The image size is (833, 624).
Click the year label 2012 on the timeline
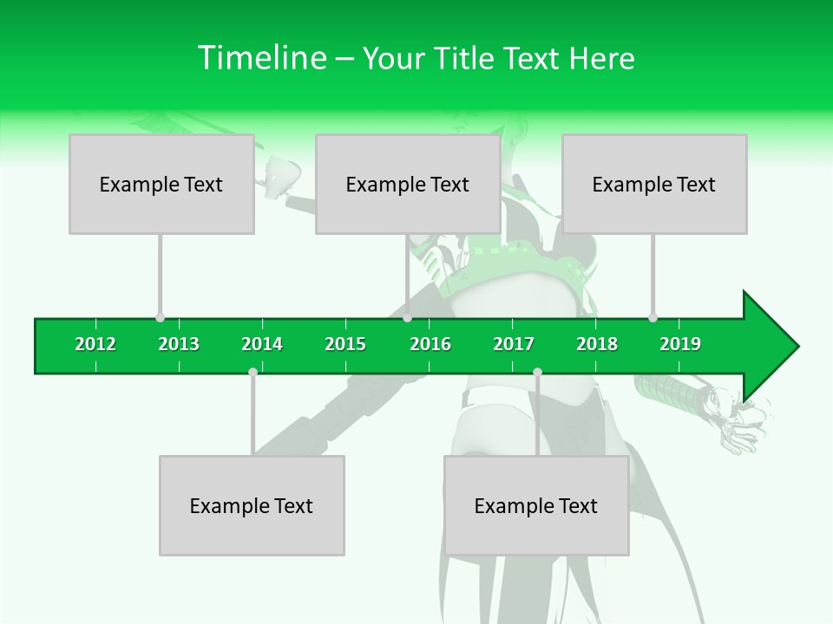pos(95,344)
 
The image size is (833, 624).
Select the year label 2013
pos(179,344)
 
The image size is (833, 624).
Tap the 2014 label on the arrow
pos(262,344)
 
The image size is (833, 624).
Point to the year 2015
pos(345,344)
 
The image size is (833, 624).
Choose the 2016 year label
pos(430,344)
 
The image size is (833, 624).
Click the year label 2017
pos(514,344)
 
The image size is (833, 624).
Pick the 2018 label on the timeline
pos(597,344)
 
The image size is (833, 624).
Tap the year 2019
pos(680,344)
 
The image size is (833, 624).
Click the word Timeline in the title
pos(260,58)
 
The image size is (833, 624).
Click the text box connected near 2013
pos(161,184)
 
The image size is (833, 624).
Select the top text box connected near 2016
pos(408,184)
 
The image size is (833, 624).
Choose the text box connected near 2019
pos(654,184)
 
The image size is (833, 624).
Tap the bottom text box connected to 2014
pos(252,505)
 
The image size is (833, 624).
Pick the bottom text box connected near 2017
pos(536,505)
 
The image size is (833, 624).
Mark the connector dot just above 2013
pos(160,317)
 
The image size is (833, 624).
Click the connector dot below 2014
pos(253,372)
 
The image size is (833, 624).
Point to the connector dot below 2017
pos(537,372)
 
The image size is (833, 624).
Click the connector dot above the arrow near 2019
pos(653,317)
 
